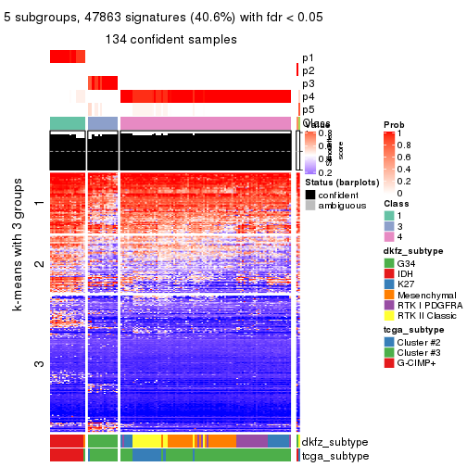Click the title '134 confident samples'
pyautogui.click(x=170, y=39)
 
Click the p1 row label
pyautogui.click(x=308, y=57)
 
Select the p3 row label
pyautogui.click(x=308, y=83)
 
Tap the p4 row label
pyautogui.click(x=308, y=96)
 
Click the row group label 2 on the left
pyautogui.click(x=39, y=264)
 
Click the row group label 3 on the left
pyautogui.click(x=39, y=364)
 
